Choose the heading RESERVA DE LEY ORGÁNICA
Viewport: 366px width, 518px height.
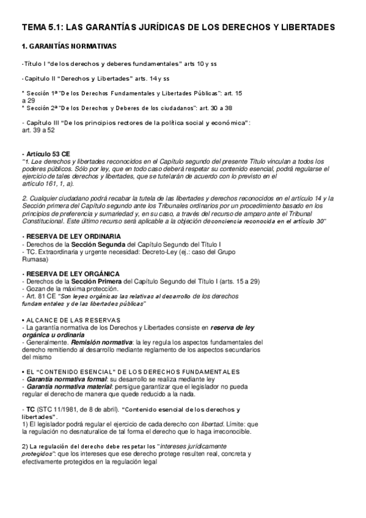pyautogui.click(x=71, y=273)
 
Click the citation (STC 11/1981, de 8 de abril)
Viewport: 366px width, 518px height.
pyautogui.click(x=78, y=409)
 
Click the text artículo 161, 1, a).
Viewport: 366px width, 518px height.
pyautogui.click(x=48, y=183)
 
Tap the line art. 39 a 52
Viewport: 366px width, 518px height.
pyautogui.click(x=38, y=130)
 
